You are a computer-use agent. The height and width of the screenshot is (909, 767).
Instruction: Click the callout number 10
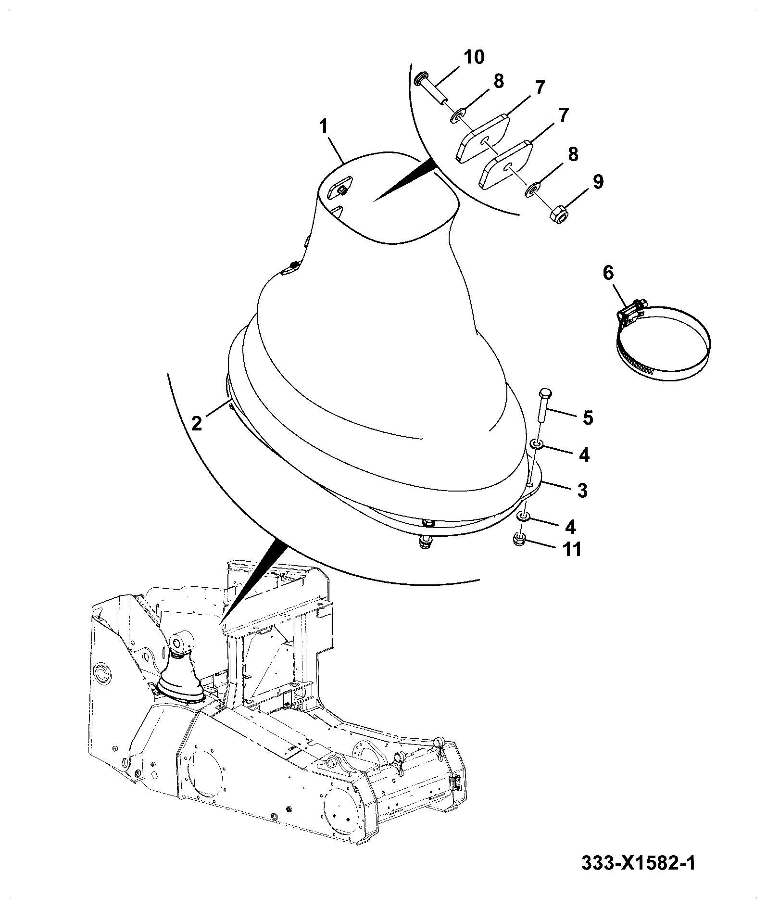pyautogui.click(x=474, y=57)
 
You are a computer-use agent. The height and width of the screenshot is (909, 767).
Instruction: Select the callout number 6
pyautogui.click(x=608, y=273)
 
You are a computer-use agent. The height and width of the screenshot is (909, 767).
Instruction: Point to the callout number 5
pyautogui.click(x=588, y=417)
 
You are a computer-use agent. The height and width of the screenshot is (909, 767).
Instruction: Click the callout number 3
pyautogui.click(x=582, y=491)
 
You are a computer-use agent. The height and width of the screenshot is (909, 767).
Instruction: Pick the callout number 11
pyautogui.click(x=572, y=549)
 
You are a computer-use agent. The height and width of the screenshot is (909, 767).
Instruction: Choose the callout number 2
pyautogui.click(x=196, y=423)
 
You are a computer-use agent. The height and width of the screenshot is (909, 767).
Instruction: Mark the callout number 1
pyautogui.click(x=324, y=127)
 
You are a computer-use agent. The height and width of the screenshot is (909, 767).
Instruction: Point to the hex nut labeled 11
pyautogui.click(x=519, y=539)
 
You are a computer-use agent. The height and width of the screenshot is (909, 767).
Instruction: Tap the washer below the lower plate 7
pyautogui.click(x=533, y=190)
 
